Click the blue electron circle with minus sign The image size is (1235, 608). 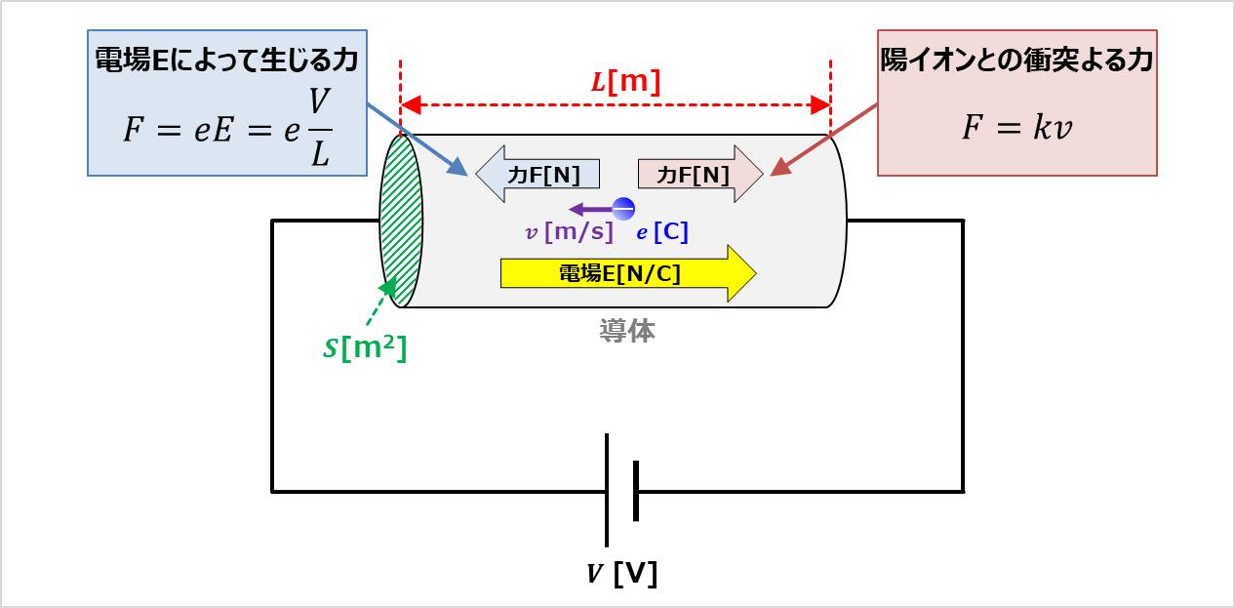[x=623, y=207]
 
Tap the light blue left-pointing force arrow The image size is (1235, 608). [x=537, y=175]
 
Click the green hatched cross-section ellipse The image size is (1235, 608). [x=401, y=223]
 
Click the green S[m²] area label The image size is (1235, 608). [x=365, y=347]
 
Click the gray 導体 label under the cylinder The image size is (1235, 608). [x=626, y=332]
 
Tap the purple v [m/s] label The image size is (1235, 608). [x=569, y=232]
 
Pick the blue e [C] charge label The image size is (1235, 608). [x=662, y=232]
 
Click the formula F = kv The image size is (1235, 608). [x=1016, y=128]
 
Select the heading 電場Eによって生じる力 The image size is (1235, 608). [x=226, y=61]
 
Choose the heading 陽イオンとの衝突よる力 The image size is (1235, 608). [x=1016, y=61]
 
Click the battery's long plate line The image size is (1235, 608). [x=607, y=490]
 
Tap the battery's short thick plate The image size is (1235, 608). [x=636, y=490]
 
